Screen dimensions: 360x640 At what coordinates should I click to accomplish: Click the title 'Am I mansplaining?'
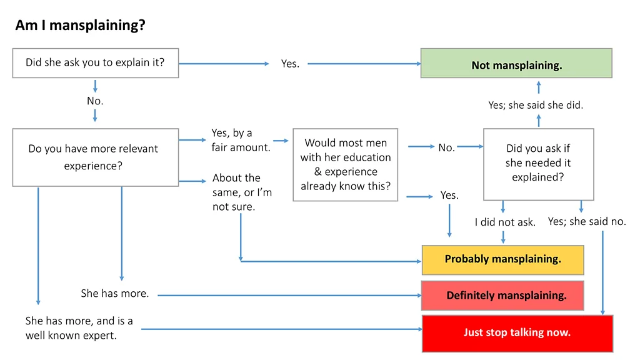80,26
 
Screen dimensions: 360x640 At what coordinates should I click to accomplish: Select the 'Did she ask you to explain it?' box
95,62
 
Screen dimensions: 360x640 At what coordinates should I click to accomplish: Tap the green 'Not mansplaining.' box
516,64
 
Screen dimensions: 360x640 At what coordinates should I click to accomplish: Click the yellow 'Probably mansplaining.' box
502,259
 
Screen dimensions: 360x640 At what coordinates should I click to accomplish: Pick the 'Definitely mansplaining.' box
502,296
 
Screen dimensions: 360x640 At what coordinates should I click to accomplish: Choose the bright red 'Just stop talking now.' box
517,332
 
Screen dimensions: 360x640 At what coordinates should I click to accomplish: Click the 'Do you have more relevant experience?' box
95,157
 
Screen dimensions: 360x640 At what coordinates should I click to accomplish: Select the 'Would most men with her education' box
345,164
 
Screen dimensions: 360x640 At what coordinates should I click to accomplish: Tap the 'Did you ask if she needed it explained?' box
538,163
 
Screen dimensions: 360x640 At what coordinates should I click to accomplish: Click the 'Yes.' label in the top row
290,64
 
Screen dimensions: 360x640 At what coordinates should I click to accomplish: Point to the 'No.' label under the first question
95,101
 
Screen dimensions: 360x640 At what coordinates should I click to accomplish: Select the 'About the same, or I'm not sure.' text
242,192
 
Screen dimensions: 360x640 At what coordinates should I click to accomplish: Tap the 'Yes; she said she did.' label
536,105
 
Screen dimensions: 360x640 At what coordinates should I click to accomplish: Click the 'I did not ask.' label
505,222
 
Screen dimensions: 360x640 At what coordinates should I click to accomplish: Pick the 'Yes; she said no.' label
587,221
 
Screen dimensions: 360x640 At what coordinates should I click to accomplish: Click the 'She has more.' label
115,293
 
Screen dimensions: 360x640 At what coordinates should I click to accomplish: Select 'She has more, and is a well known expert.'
79,328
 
